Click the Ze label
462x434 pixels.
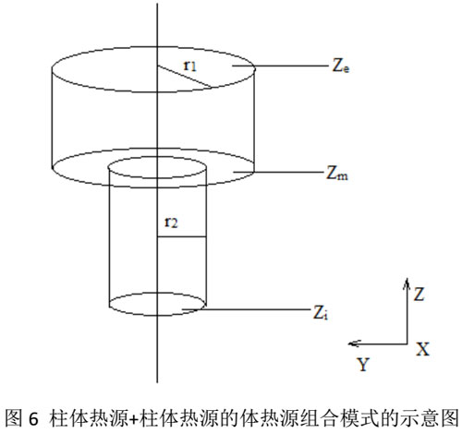click(x=341, y=66)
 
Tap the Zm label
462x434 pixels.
click(x=337, y=174)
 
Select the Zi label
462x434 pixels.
click(x=321, y=313)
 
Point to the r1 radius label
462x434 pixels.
click(x=189, y=66)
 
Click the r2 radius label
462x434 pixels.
click(x=171, y=223)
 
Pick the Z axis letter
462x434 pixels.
click(x=419, y=295)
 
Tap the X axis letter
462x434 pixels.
click(x=422, y=350)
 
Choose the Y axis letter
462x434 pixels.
click(x=363, y=365)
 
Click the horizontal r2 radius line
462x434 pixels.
click(x=182, y=236)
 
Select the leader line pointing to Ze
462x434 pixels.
click(x=280, y=66)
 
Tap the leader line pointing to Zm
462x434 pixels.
click(x=277, y=173)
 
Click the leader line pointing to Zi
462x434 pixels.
click(x=246, y=309)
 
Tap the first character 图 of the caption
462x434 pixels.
click(x=14, y=418)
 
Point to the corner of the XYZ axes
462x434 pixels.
click(x=407, y=344)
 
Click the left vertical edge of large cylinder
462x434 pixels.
click(x=52, y=118)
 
